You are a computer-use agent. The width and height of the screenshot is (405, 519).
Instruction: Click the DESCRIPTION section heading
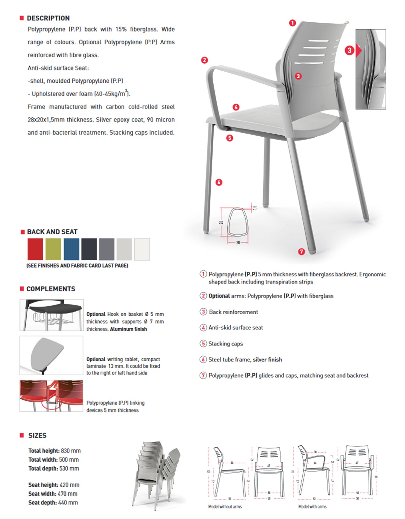pos(48,18)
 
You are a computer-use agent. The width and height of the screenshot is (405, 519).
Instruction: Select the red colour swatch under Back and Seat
pos(35,249)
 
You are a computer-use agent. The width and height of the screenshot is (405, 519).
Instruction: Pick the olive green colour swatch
pos(53,249)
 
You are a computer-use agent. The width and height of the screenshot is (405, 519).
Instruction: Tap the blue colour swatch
pos(72,249)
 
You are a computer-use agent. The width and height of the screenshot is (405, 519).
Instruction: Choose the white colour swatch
pos(142,249)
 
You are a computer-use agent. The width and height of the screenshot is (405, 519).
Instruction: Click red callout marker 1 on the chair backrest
pos(292,23)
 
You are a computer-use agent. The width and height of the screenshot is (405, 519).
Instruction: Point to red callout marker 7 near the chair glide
pos(301,252)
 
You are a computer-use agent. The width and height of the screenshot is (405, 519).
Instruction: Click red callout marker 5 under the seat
pos(230,138)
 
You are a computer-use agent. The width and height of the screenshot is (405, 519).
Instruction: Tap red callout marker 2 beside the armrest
pos(204,60)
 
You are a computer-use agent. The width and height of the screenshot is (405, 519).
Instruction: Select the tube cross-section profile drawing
pos(237,222)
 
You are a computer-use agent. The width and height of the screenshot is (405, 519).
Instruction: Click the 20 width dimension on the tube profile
pos(238,243)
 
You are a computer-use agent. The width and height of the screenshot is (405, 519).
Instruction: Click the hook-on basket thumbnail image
pos(52,315)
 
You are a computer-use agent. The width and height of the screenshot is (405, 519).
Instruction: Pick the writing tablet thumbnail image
pos(51,355)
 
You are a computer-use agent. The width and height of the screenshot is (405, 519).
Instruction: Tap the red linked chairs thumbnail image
pos(51,396)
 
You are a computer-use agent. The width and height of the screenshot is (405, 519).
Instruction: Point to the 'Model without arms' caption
pos(225,507)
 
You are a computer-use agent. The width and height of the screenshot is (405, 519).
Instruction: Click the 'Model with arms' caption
pos(312,507)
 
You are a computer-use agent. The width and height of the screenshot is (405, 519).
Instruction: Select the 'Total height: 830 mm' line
pos(55,451)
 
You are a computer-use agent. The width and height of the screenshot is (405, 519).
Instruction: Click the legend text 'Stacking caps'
pos(225,344)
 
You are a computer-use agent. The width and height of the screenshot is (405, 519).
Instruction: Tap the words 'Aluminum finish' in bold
pos(129,329)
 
